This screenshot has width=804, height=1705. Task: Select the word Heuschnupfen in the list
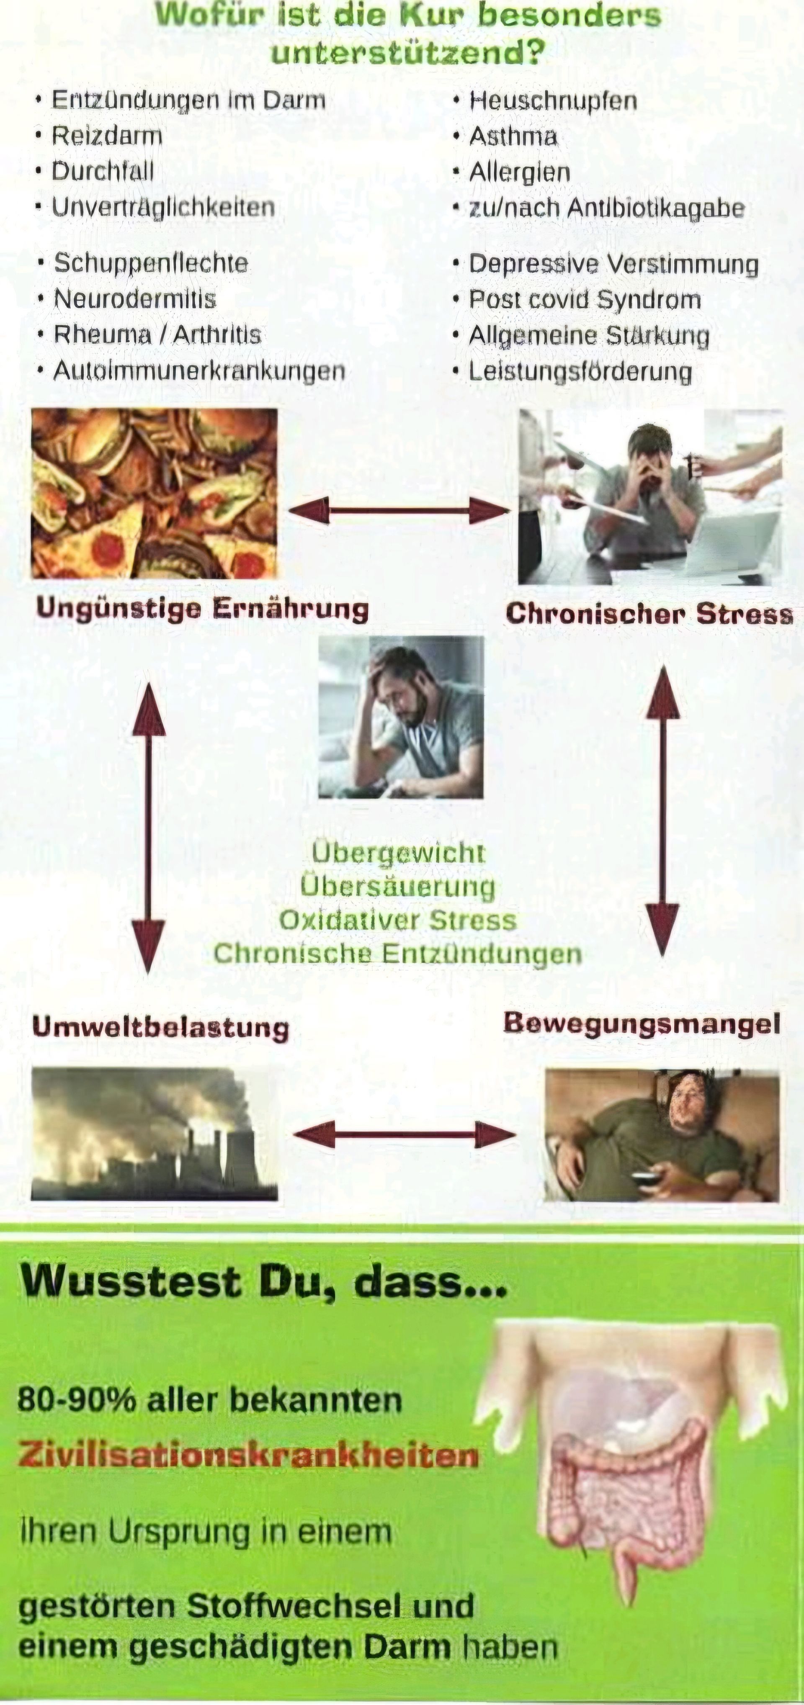pyautogui.click(x=553, y=100)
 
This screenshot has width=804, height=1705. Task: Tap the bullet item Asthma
pyautogui.click(x=513, y=136)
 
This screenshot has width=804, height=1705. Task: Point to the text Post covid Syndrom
pyautogui.click(x=585, y=299)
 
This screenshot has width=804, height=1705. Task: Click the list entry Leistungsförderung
pyautogui.click(x=580, y=371)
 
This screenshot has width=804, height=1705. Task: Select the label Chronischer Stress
pyautogui.click(x=649, y=614)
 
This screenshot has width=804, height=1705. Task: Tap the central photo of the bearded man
pyautogui.click(x=401, y=717)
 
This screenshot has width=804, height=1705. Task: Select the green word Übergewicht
pyautogui.click(x=399, y=852)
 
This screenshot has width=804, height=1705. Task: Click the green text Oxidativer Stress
pyautogui.click(x=397, y=920)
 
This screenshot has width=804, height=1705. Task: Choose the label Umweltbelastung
pyautogui.click(x=160, y=1027)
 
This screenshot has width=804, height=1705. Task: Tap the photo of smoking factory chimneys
pyautogui.click(x=155, y=1134)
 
